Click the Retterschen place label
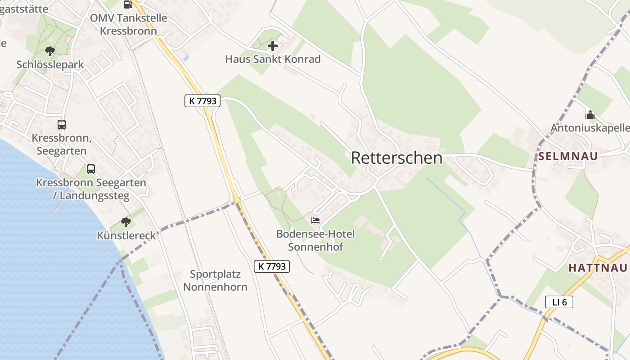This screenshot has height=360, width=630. coord(396,158)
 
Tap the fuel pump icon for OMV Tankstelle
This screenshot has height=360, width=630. coord(128,4)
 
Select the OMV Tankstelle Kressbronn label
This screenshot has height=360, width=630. coord(128,25)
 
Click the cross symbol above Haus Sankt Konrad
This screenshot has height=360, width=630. coord(273,46)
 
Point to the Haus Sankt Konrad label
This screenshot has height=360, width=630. coord(273,59)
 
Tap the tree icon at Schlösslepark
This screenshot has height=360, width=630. coord(50,51)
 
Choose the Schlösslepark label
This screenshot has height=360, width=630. coord(50,64)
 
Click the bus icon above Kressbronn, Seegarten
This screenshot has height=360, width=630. coord(62,125)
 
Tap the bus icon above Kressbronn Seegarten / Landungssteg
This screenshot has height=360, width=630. coord(91,169)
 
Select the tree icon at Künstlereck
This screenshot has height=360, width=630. coord(126,222)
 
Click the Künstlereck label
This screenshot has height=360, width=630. coord(126,235)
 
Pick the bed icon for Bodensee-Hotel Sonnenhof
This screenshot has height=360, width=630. coord(315,220)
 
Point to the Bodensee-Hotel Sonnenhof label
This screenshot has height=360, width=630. coord(315,240)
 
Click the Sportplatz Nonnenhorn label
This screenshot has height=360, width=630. coord(215,280)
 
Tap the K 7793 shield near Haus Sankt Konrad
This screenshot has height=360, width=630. coord(202,101)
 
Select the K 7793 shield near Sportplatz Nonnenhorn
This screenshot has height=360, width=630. coord(272,266)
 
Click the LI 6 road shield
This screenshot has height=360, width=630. coord(559,302)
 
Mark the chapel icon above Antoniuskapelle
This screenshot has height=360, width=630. coord(590,115)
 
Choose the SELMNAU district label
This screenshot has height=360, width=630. coord(568,156)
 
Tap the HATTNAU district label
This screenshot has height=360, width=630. coord(598,268)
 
